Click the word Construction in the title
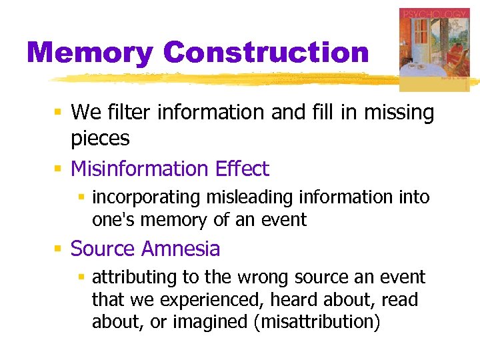tap(265, 52)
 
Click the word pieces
tap(100, 138)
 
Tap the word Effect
tap(242, 169)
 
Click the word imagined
tap(209, 323)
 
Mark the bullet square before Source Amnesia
tap(58, 249)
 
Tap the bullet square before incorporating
tap(80, 198)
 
